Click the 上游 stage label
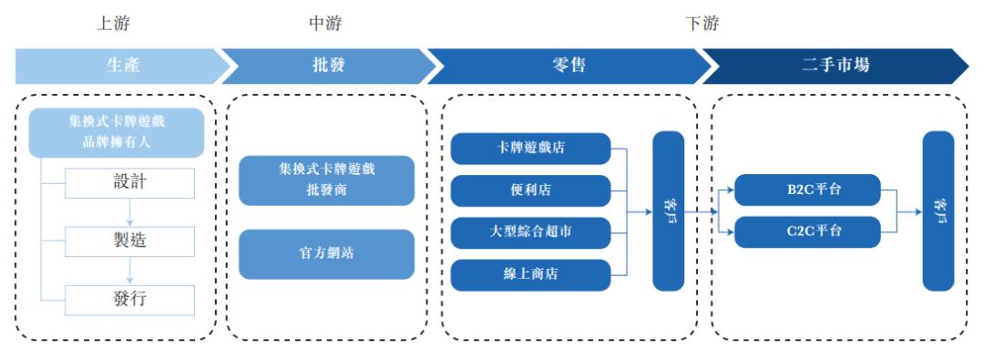tap(113, 24)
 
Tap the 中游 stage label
tap(325, 24)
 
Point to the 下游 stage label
tap(702, 24)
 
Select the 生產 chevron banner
tap(122, 66)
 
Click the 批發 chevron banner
tap(328, 66)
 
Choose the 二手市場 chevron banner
tap(835, 66)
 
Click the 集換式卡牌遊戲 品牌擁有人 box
tap(117, 132)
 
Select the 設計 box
tap(130, 183)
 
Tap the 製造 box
tap(130, 242)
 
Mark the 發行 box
tap(130, 301)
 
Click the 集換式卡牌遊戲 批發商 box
tap(327, 180)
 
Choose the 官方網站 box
tap(327, 254)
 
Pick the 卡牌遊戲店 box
tap(531, 149)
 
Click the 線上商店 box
tap(531, 275)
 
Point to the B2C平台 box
tap(808, 190)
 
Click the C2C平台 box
tap(808, 231)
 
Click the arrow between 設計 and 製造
tap(130, 212)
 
